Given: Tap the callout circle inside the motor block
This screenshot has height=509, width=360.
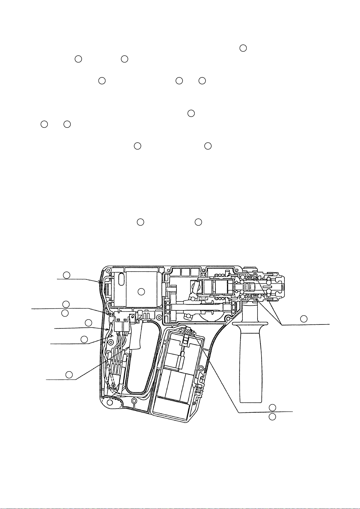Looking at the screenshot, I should (141, 292).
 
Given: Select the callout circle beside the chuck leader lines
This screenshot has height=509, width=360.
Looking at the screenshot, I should (304, 318).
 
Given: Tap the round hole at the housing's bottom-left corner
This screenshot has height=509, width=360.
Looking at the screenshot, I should (110, 402).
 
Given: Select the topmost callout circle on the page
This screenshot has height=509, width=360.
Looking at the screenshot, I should (243, 48).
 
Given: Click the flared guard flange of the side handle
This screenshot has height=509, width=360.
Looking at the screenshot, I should (250, 324).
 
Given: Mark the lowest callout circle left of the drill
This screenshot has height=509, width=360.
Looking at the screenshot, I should (69, 375).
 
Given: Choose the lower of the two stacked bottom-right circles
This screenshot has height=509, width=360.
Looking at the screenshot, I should (272, 417).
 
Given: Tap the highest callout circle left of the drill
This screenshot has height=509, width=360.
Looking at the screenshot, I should (66, 275).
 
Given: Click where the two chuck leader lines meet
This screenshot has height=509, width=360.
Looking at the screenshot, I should (281, 325).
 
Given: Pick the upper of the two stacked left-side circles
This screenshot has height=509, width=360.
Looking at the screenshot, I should (66, 304).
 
